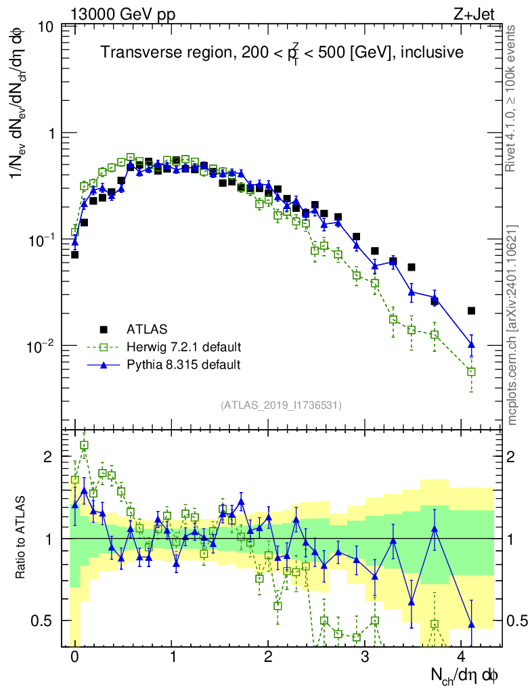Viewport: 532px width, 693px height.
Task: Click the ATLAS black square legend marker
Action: coord(104,330)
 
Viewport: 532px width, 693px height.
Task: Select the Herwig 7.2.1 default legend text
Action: coord(183,347)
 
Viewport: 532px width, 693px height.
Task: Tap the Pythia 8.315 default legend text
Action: coord(183,365)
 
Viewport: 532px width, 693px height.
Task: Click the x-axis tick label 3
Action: coord(365,658)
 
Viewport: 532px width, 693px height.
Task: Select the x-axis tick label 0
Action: coord(74,658)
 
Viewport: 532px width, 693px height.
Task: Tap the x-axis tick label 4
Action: coord(462,658)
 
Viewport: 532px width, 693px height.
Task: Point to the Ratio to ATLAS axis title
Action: coord(22,539)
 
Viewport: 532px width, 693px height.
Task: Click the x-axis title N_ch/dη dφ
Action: coord(465,676)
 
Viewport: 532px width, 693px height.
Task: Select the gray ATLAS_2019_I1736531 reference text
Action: coord(281,405)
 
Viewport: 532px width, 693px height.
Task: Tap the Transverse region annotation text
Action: coord(282,53)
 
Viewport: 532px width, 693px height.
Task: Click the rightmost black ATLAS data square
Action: coord(471,311)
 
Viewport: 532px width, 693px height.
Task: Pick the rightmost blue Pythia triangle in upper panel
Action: coord(471,345)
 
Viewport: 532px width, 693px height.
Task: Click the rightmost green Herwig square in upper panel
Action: coord(471,372)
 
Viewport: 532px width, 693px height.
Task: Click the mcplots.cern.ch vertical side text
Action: coord(512,325)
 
